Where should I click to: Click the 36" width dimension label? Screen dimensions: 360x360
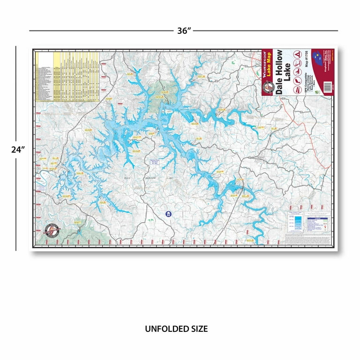click(x=184, y=30)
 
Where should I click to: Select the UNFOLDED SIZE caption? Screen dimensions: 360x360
click(x=176, y=329)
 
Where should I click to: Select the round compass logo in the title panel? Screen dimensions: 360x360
click(x=268, y=86)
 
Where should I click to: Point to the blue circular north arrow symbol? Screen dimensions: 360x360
click(x=168, y=214)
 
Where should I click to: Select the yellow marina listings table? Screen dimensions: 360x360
click(x=68, y=76)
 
